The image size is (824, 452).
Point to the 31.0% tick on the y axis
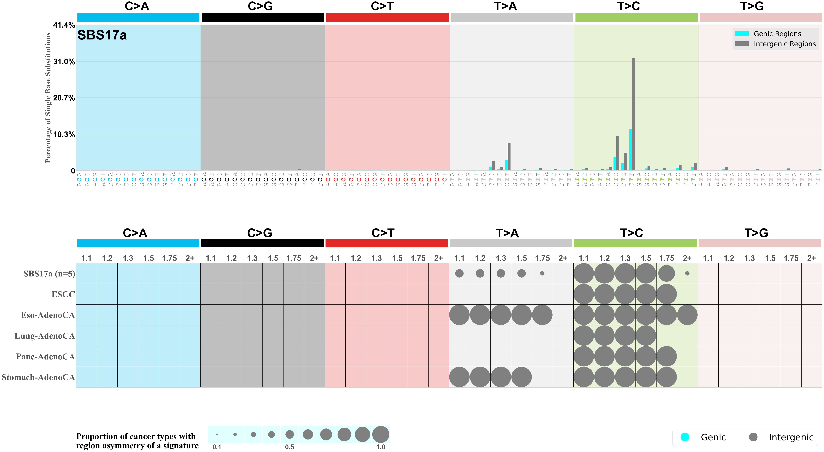point(64,62)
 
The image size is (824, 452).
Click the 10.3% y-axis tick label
point(64,134)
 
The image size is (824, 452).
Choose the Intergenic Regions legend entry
point(784,44)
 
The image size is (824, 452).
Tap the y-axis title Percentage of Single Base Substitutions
point(48,98)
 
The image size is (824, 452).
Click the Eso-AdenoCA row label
point(48,315)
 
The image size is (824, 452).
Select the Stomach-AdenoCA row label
point(38,377)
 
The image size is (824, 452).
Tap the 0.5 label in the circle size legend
point(289,447)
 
